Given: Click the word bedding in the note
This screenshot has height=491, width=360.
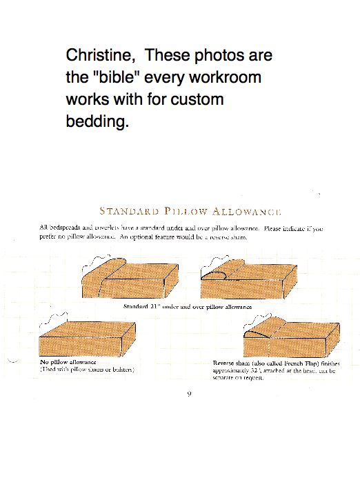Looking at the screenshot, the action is (97, 122).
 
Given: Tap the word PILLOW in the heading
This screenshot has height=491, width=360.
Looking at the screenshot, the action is (187, 211).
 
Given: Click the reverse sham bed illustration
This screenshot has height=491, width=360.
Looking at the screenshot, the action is (290, 337).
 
